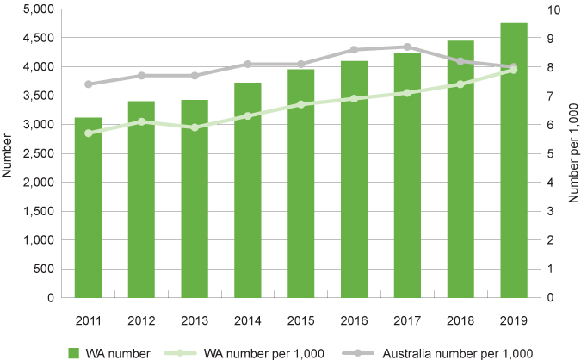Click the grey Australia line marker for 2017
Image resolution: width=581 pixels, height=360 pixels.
[x=407, y=47]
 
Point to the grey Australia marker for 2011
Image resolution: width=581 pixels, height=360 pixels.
[x=88, y=84]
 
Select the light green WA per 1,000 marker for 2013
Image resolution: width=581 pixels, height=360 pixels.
[x=195, y=127]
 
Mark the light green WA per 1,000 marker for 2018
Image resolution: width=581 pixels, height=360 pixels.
[x=460, y=84]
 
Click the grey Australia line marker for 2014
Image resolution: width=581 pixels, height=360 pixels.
[x=248, y=64]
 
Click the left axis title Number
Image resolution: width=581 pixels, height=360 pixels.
[x=9, y=153]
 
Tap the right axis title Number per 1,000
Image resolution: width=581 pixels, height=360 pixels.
[x=573, y=153]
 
